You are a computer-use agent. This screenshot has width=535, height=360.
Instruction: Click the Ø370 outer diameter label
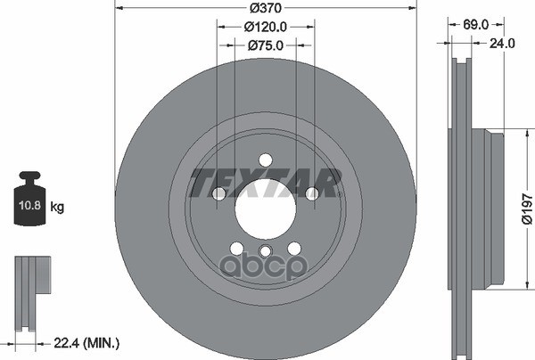266,8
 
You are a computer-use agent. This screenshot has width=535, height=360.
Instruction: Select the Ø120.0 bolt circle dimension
266,27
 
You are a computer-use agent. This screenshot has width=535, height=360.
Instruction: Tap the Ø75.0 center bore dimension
266,45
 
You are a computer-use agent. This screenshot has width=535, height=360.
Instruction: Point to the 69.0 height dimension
475,25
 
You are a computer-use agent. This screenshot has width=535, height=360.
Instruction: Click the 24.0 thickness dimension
502,44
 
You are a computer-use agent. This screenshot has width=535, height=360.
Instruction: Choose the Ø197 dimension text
527,209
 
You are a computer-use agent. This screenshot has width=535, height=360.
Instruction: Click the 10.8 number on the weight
29,205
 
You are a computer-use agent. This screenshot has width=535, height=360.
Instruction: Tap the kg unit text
57,207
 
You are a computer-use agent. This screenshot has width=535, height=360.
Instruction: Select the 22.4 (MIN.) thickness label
86,343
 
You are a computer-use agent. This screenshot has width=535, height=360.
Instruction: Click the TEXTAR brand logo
266,183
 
